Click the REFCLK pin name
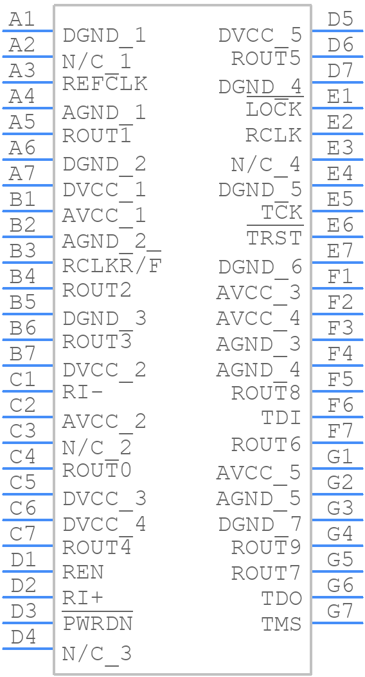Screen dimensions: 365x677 tap(105, 83)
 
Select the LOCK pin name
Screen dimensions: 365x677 tap(274, 109)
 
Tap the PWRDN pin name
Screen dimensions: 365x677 tap(98, 622)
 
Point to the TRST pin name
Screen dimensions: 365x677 tap(274, 237)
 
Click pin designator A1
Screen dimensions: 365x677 tap(22, 19)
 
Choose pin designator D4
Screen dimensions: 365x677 tap(23, 637)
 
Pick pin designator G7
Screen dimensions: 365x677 tap(340, 611)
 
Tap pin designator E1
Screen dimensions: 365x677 tap(340, 97)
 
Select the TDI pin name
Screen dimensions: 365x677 tap(281, 418)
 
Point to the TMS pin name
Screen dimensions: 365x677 tap(281, 624)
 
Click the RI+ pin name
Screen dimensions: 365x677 tap(83, 598)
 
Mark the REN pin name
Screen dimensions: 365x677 tap(83, 573)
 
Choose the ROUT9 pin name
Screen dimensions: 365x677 tap(265, 547)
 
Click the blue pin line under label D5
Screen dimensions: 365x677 tap(337, 31)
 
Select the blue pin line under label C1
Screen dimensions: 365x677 tap(28, 391)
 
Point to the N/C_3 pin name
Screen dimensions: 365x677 tap(97, 654)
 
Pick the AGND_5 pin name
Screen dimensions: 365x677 tap(258, 499)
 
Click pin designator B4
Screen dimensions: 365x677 tap(22, 277)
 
